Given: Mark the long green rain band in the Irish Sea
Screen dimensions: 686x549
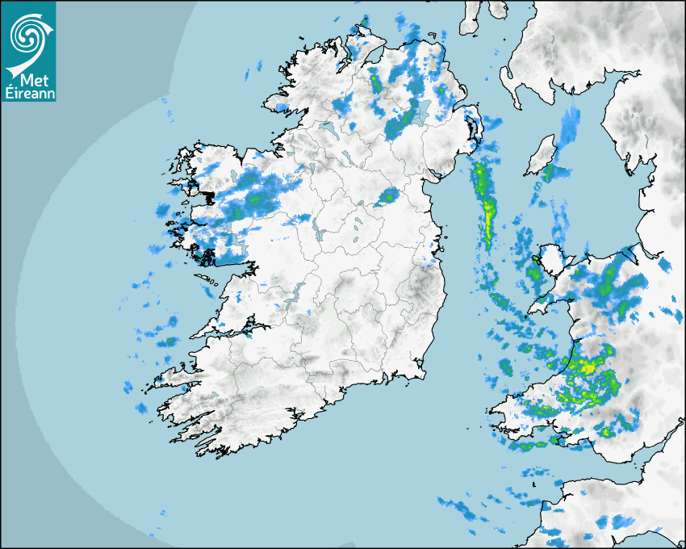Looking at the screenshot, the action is (486, 202).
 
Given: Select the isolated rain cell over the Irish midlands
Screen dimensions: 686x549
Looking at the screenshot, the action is (388, 196).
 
